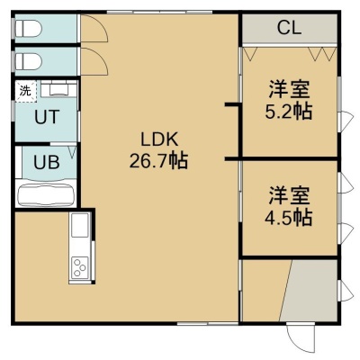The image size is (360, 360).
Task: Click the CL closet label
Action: tap(289, 28)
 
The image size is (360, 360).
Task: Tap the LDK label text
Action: tap(159, 139)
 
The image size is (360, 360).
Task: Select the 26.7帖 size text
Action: tap(158, 160)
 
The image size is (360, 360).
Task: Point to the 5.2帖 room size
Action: tap(288, 112)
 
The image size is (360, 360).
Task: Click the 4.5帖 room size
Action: tap(288, 218)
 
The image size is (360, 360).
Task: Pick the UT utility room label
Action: tap(47, 117)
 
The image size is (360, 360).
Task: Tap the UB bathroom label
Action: tap(47, 163)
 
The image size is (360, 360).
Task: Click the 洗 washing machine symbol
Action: tap(25, 91)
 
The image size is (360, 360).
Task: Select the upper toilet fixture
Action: tap(28, 29)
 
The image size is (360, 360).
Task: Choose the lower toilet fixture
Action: tap(28, 61)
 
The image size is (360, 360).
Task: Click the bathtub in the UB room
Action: tap(46, 195)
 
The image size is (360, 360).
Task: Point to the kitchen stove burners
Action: tap(79, 267)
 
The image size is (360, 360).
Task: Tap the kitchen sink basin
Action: tap(80, 225)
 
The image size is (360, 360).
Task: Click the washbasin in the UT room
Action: tap(58, 90)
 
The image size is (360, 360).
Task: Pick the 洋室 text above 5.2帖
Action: tap(289, 89)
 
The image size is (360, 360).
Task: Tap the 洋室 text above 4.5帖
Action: tap(289, 195)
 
